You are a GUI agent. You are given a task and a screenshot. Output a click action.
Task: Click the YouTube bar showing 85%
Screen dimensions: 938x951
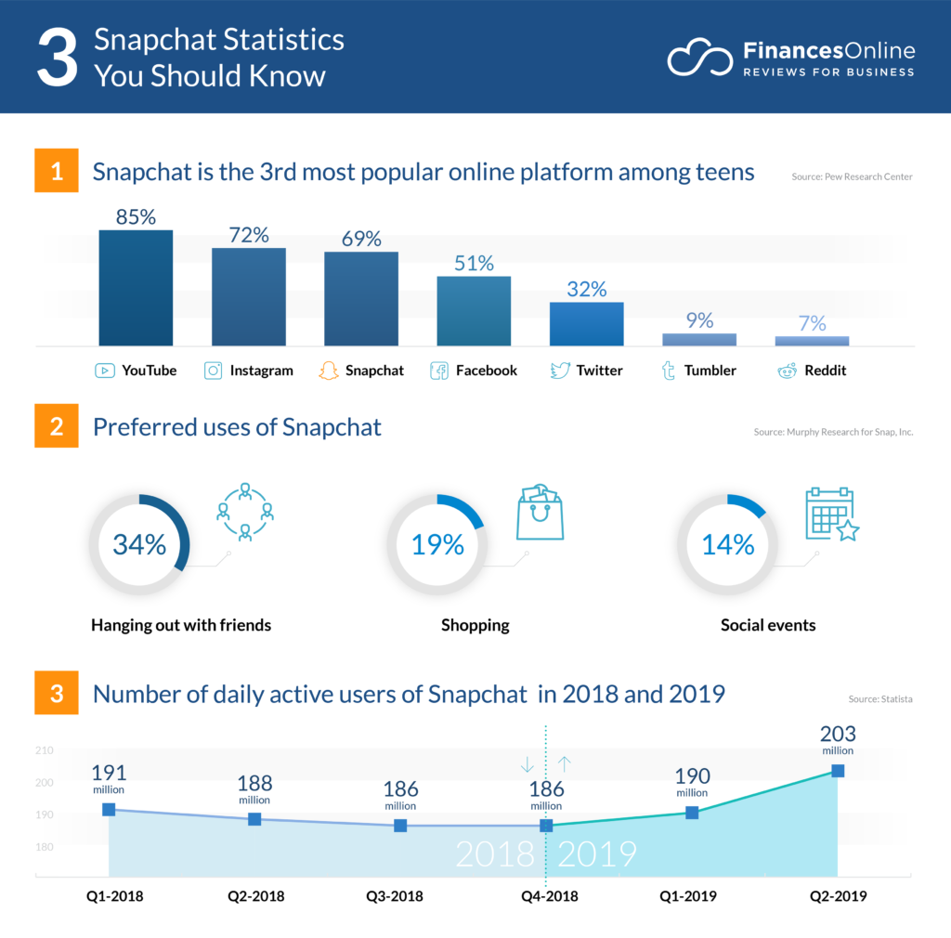pyautogui.click(x=136, y=288)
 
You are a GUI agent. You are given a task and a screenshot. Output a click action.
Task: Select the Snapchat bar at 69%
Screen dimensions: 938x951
pyautogui.click(x=360, y=299)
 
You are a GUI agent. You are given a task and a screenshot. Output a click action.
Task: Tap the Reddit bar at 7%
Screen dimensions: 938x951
pyautogui.click(x=812, y=341)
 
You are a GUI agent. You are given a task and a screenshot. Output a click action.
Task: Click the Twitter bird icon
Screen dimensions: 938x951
pyautogui.click(x=559, y=371)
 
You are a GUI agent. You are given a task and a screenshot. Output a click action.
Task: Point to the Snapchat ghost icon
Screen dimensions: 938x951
pyautogui.click(x=328, y=371)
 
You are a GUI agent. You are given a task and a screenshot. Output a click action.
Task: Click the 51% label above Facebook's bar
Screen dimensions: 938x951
pyautogui.click(x=474, y=263)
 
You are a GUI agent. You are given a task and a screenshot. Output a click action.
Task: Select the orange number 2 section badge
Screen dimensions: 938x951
pyautogui.click(x=57, y=427)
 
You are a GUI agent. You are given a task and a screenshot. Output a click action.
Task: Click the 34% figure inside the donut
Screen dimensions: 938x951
pyautogui.click(x=139, y=544)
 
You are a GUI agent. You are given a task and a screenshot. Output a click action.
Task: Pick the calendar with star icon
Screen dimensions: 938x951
pyautogui.click(x=831, y=514)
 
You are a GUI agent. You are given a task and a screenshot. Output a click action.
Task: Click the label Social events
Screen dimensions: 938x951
pyautogui.click(x=768, y=625)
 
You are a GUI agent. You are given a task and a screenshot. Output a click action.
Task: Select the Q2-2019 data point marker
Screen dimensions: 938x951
pyautogui.click(x=838, y=771)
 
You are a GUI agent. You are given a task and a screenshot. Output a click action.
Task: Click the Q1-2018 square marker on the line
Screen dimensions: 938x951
pyautogui.click(x=109, y=810)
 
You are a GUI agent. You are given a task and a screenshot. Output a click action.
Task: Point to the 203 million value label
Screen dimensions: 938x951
pyautogui.click(x=838, y=740)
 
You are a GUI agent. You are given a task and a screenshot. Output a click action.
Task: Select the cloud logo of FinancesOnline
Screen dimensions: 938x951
pyautogui.click(x=699, y=59)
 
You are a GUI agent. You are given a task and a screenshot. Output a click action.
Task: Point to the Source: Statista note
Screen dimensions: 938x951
pyautogui.click(x=880, y=698)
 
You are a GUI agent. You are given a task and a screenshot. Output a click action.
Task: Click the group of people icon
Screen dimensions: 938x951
pyautogui.click(x=245, y=512)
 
